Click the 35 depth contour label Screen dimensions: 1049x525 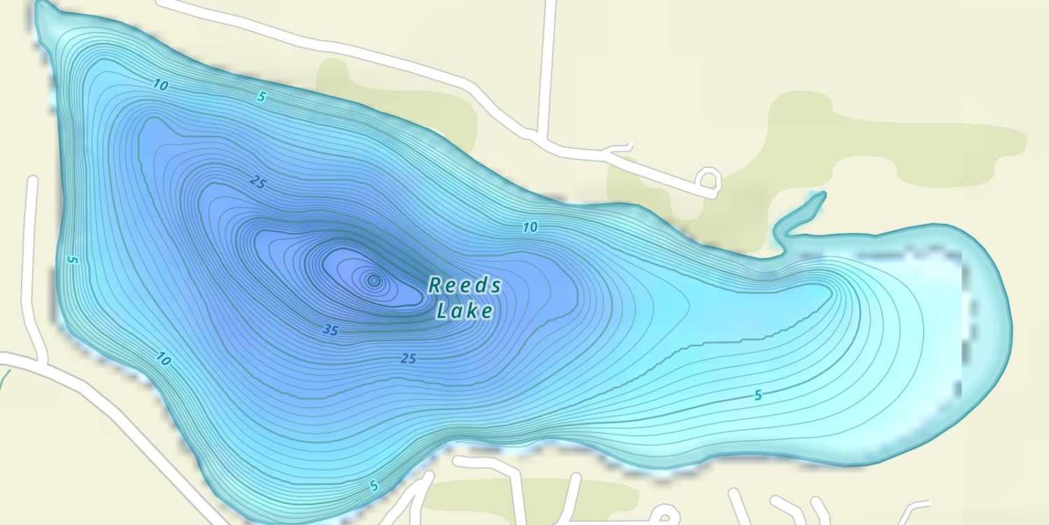click(330, 330)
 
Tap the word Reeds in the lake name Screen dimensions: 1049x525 click(464, 286)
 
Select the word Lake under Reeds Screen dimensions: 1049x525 click(464, 310)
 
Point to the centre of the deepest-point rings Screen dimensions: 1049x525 click(373, 281)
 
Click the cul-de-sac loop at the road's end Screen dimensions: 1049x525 click(710, 180)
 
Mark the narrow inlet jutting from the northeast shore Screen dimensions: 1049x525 click(804, 213)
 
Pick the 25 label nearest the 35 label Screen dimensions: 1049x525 click(408, 358)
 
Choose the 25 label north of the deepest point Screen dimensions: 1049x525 click(258, 183)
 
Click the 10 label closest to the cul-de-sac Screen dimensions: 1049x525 click(530, 227)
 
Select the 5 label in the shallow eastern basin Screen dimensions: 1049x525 click(758, 395)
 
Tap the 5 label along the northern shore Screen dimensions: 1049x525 click(262, 97)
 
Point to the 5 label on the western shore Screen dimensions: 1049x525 click(71, 259)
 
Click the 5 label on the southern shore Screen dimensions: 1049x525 click(374, 485)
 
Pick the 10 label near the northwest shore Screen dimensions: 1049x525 click(161, 85)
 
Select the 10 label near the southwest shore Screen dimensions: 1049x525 click(164, 360)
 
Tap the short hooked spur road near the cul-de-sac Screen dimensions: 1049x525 click(618, 148)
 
